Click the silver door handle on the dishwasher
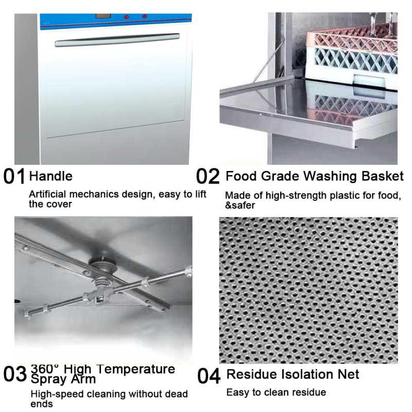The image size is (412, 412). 117,41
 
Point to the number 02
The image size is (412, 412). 208,177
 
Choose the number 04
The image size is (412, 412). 209,376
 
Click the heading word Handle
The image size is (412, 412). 50,176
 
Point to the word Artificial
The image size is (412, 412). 48,194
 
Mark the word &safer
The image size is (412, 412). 240,205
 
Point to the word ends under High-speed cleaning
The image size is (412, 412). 41,404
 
